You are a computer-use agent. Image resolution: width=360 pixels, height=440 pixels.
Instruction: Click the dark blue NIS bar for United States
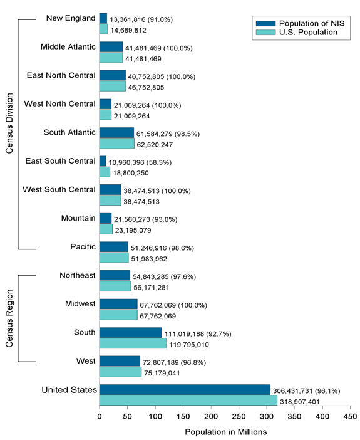pyautogui.click(x=185, y=390)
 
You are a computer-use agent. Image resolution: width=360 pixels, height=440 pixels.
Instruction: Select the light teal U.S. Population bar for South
pyautogui.click(x=133, y=343)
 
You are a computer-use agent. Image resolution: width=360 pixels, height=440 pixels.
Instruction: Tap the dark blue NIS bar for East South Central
pyautogui.click(x=103, y=162)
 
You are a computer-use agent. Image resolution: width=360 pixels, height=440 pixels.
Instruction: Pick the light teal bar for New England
pyautogui.click(x=103, y=29)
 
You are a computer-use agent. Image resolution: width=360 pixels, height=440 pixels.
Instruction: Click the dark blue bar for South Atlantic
pyautogui.click(x=116, y=133)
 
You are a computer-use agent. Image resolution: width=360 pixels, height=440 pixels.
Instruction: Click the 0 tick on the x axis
pyautogui.click(x=100, y=415)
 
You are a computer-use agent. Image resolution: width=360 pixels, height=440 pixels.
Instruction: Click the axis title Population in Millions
pyautogui.click(x=225, y=432)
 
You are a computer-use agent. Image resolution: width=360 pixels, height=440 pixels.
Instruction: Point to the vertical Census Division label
pyautogui.click(x=9, y=133)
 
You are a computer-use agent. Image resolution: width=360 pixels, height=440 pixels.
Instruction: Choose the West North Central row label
pyautogui.click(x=59, y=103)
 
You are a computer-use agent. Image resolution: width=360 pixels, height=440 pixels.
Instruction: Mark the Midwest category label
pyautogui.click(x=80, y=304)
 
